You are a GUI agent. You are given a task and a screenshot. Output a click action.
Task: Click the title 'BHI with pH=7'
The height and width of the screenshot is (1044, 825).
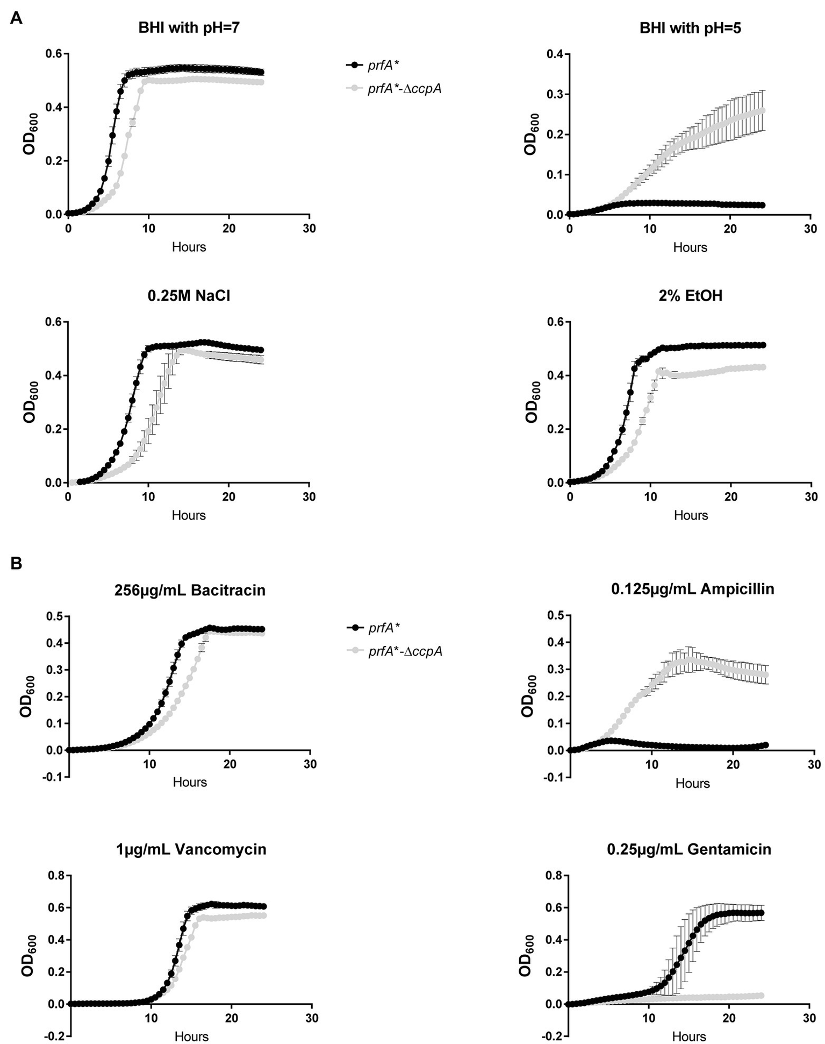click(189, 28)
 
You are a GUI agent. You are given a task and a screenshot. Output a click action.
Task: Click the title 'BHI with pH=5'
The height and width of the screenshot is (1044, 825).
click(690, 28)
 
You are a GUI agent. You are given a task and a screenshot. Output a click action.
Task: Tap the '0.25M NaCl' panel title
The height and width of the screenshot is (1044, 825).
click(189, 296)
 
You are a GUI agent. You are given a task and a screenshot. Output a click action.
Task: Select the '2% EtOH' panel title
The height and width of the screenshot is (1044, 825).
click(690, 296)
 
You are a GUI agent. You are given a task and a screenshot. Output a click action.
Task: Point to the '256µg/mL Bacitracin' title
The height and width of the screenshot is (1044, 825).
click(190, 590)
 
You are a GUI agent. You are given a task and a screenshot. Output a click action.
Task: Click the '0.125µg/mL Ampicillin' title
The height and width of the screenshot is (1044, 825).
click(692, 589)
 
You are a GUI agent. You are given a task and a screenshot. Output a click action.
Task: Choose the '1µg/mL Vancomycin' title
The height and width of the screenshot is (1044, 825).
click(191, 849)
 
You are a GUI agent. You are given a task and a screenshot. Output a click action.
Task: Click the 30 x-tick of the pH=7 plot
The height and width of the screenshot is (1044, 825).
click(309, 229)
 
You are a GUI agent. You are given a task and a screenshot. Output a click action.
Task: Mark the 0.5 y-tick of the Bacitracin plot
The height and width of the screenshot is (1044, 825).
click(53, 616)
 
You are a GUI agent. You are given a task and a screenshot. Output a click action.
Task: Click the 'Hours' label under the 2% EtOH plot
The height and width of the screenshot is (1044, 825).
click(691, 515)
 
